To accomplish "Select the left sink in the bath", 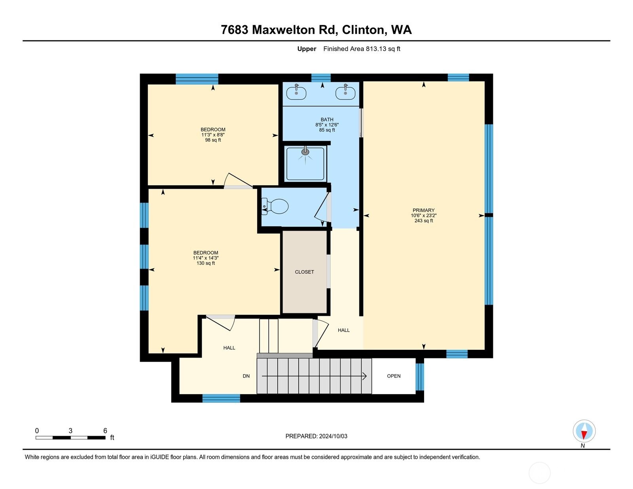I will [296, 93].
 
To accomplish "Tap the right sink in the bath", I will [345, 93].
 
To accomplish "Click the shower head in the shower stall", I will [305, 152].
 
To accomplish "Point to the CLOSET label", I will [304, 272].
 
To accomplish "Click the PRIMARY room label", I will [423, 210].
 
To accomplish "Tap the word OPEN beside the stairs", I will [394, 376].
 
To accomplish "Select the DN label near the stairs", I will [246, 376].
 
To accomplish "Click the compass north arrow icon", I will [584, 432].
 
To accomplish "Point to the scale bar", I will [70, 438].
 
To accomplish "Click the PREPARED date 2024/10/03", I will [316, 436].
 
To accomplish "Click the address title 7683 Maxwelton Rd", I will [316, 30].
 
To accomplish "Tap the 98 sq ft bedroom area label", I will [213, 140].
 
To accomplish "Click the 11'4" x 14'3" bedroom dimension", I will [206, 258].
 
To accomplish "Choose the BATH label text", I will [327, 119].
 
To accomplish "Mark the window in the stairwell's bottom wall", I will [221, 398].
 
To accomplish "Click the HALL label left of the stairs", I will [229, 348].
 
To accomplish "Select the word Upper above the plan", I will [307, 49].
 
